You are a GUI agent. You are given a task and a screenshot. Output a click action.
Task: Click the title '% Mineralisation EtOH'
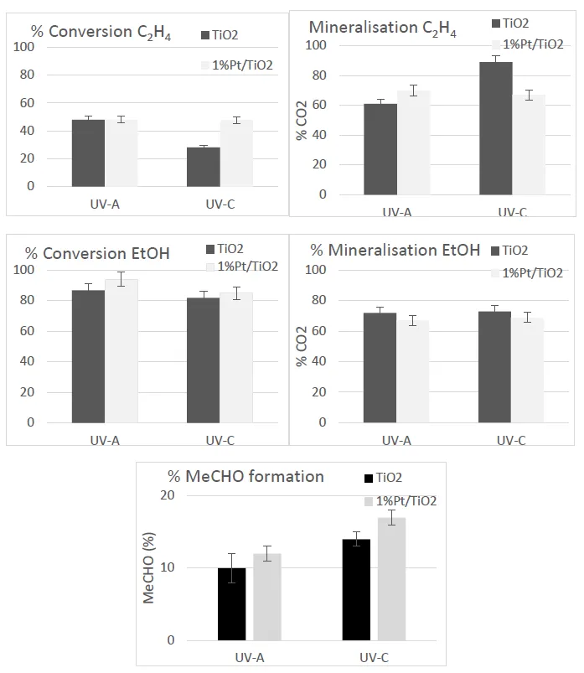tap(395, 250)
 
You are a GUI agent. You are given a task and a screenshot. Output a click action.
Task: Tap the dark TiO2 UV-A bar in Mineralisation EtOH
tap(380, 367)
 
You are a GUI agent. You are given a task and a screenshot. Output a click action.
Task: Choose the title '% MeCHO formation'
tap(245, 477)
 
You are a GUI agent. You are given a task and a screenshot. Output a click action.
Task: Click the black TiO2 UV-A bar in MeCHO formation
tap(232, 604)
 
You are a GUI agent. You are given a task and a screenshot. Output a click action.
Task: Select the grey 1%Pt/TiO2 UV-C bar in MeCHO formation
tap(391, 579)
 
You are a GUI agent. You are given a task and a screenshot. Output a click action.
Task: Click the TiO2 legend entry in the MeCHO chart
tap(380, 478)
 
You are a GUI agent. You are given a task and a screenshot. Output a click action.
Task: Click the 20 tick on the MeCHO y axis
tap(168, 495)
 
